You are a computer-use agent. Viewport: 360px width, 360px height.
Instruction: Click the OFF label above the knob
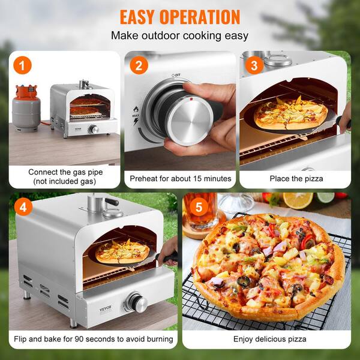pos(178,76)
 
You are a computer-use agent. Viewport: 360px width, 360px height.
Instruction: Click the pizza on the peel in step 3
pos(290,113)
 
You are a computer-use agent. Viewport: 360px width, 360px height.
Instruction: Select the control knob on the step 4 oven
pos(136,303)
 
